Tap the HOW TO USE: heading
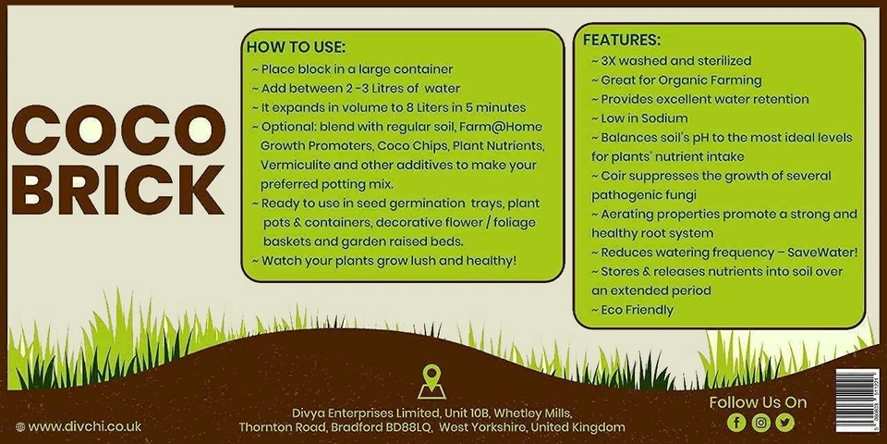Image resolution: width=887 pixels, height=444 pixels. pyautogui.click(x=296, y=47)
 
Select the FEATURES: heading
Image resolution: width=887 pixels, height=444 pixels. pyautogui.click(x=621, y=41)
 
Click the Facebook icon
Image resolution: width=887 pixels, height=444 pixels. pyautogui.click(x=735, y=423)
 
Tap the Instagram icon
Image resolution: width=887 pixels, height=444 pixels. pyautogui.click(x=760, y=423)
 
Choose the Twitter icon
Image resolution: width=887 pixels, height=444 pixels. pyautogui.click(x=784, y=423)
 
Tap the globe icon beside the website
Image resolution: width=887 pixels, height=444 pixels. pyautogui.click(x=19, y=426)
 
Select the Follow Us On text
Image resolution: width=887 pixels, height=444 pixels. pyautogui.click(x=758, y=402)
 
